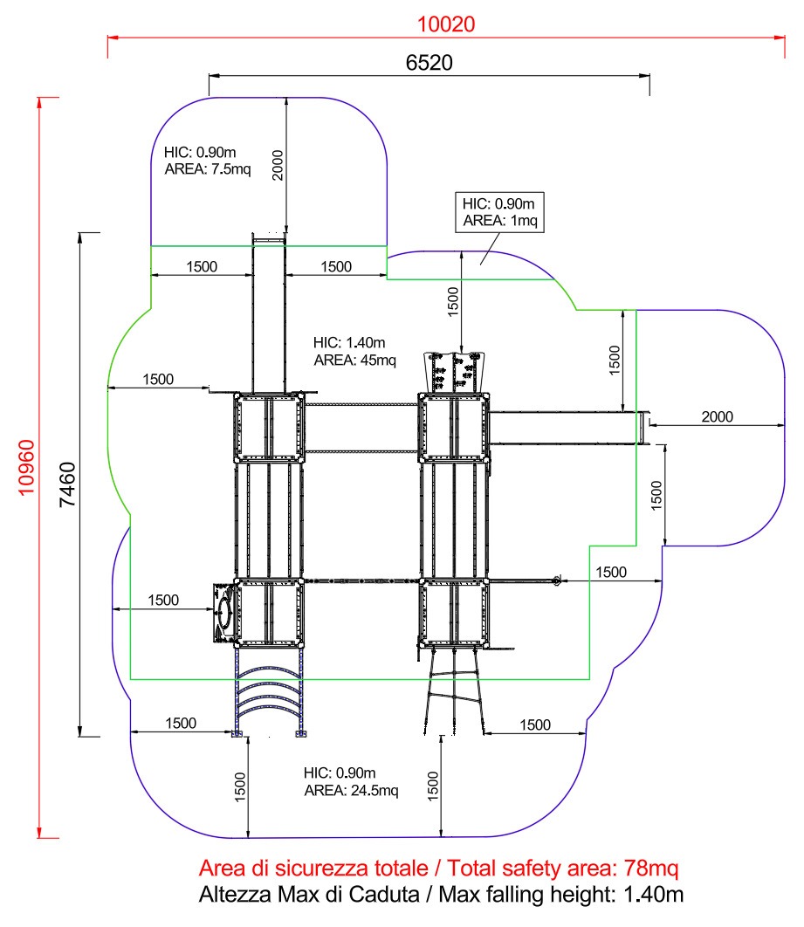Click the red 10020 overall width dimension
coord(445,24)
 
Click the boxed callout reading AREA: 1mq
coord(501,221)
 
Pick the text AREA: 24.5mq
coord(351,791)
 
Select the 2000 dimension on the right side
coord(718,416)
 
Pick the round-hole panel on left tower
coord(223,611)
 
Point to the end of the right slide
coord(644,427)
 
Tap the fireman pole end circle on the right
coord(556,580)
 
